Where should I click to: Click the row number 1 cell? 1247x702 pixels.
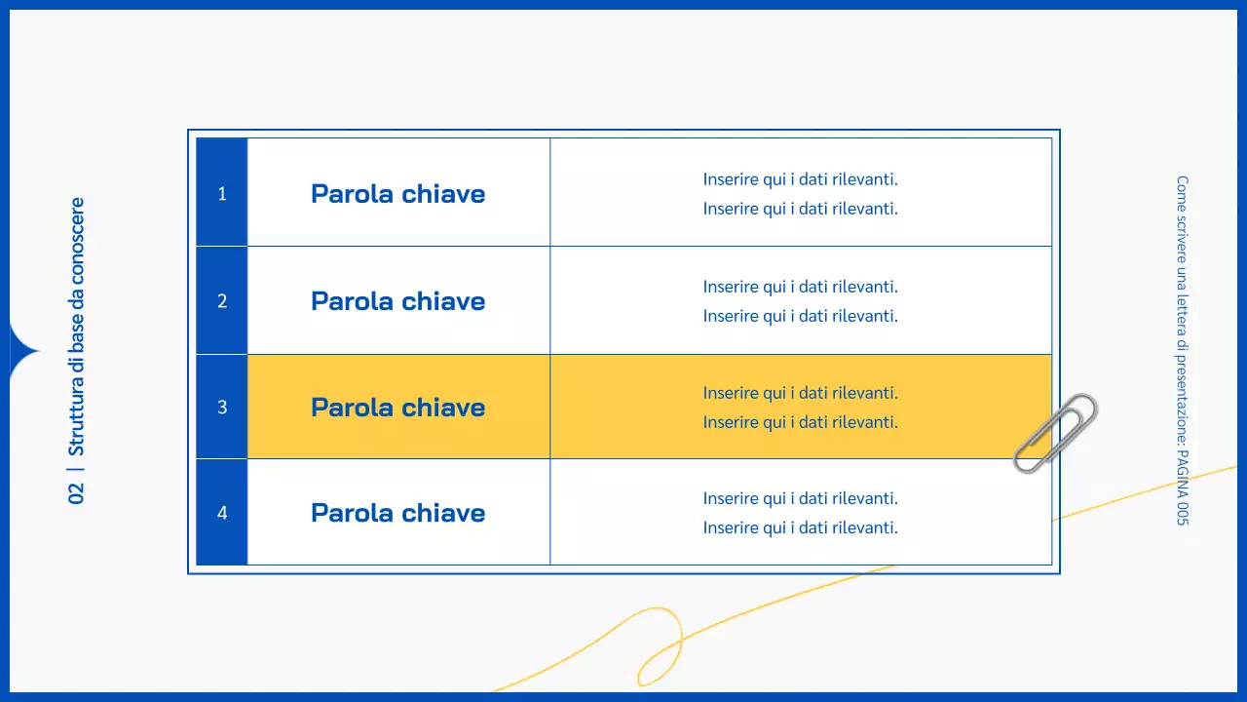click(222, 193)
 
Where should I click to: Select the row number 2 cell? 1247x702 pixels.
click(222, 301)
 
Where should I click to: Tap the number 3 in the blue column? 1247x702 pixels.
click(222, 408)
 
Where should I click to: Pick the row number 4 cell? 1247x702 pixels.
click(222, 513)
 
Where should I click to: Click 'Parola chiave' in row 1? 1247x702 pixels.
click(397, 193)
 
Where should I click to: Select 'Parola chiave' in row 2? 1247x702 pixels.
click(397, 301)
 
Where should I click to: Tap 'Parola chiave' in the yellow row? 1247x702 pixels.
click(397, 408)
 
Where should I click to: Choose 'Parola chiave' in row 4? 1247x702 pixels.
click(397, 513)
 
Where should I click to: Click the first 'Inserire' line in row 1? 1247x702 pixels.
click(800, 179)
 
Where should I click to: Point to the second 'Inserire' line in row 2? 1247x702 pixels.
click(800, 316)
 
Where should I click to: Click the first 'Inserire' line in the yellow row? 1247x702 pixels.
click(800, 393)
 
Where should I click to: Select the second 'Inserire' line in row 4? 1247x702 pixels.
click(800, 528)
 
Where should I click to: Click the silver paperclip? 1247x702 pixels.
click(1055, 432)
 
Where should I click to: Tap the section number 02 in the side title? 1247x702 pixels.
click(77, 493)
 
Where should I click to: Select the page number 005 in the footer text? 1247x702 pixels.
click(1182, 512)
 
